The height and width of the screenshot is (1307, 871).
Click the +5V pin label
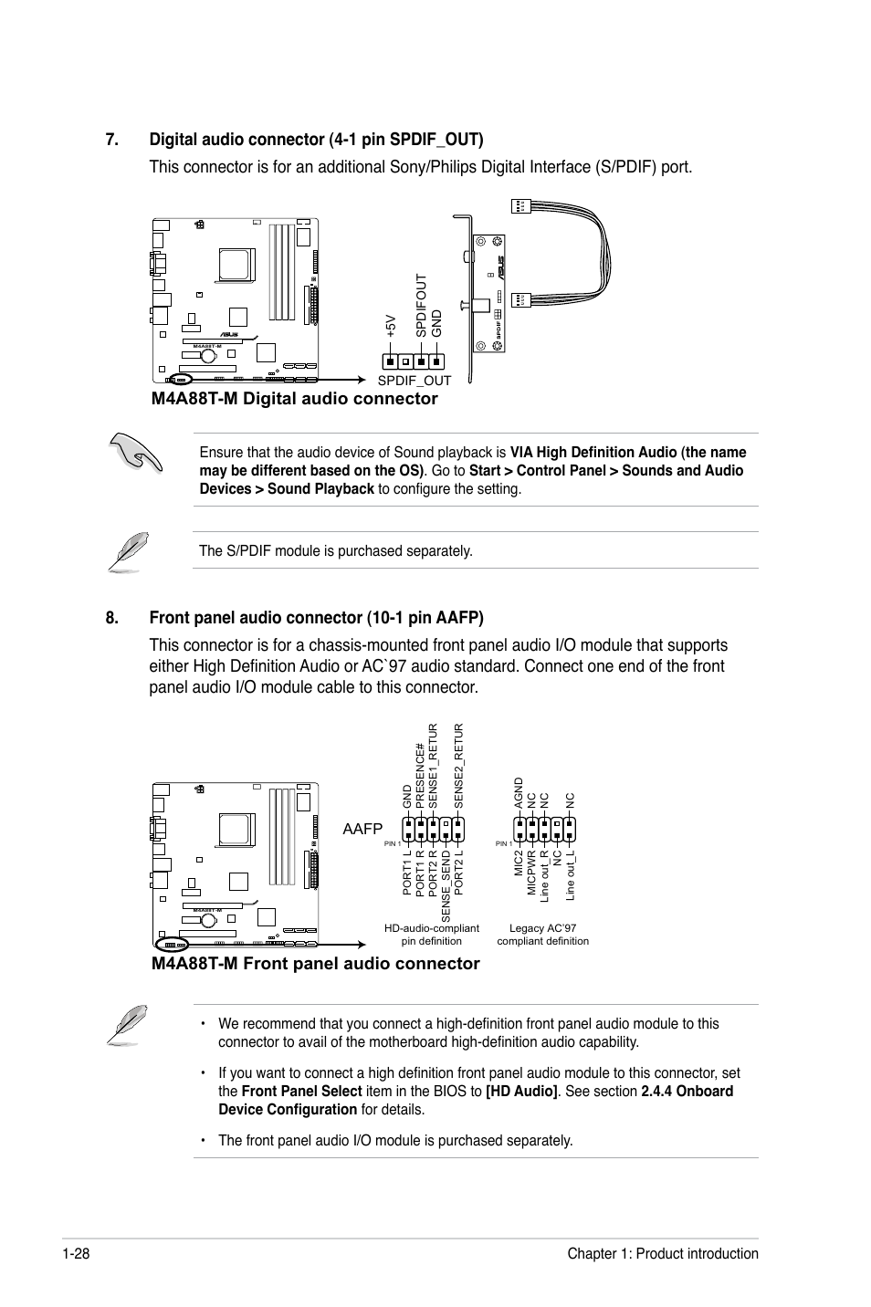coord(390,326)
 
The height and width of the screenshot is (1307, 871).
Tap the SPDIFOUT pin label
coord(421,307)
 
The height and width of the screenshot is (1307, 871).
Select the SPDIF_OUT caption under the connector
coord(415,381)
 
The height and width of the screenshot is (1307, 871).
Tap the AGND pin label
coord(519,794)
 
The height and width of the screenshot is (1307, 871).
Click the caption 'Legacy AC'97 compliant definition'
coord(542,935)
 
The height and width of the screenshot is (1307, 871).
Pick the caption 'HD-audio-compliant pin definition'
coord(432,935)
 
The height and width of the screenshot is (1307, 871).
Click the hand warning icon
coord(135,452)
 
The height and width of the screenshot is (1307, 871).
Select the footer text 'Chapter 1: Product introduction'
coord(662,1254)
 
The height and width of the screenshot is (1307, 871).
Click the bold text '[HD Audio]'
coord(521,1092)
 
